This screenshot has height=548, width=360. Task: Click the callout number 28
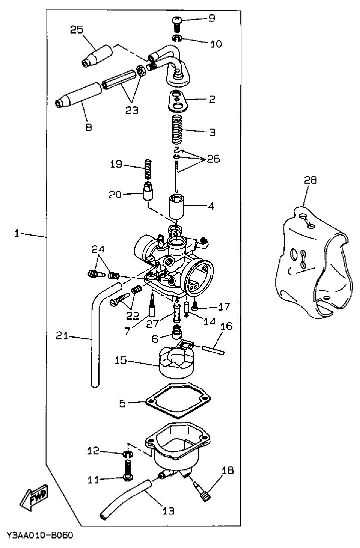310,180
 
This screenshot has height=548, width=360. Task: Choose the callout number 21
62,337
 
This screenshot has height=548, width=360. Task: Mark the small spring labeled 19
148,169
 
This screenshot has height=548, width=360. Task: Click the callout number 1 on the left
17,233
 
